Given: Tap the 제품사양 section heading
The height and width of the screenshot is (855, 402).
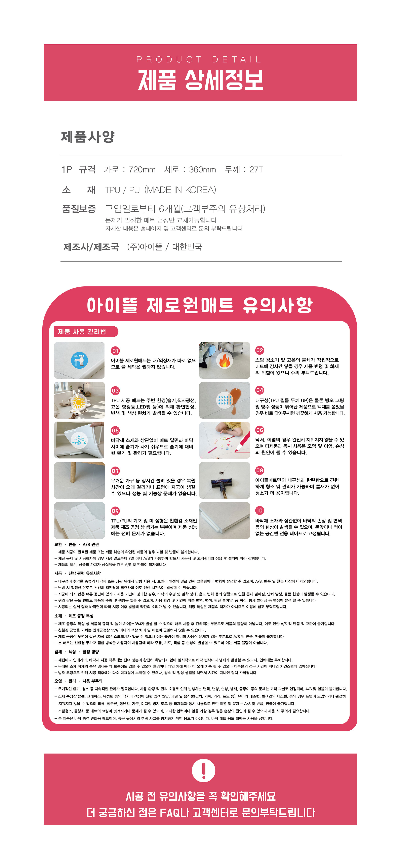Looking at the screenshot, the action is pos(88,137).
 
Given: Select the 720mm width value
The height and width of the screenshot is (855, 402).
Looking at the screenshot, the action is pos(142,170).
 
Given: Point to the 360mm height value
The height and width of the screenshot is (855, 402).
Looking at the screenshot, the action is pos(202,170).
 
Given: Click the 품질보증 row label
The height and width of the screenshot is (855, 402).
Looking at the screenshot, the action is pos(79,209).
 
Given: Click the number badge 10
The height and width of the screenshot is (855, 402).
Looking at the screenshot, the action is pos(259,511).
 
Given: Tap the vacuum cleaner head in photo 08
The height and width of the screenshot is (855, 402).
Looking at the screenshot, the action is pos(221,484).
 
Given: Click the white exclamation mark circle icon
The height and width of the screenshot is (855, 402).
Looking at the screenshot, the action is pos(204,770).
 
